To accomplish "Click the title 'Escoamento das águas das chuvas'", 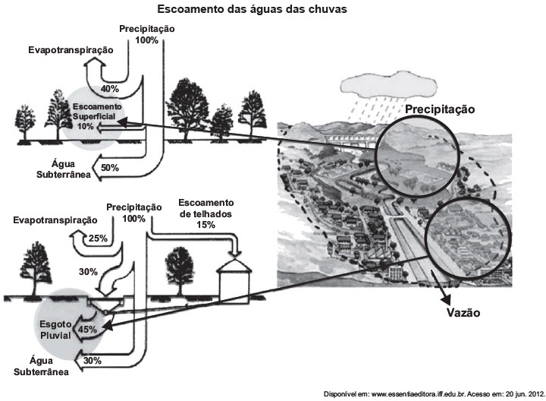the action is tap(252, 9).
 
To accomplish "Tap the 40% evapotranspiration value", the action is tap(110, 89).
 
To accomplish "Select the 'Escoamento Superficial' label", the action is tap(97, 111).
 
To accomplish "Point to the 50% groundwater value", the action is tap(110, 168).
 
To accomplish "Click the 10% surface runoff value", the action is tap(85, 126).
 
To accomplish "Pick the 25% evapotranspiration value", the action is tap(98, 238).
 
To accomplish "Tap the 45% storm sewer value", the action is tap(87, 329).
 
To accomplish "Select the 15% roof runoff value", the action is tap(206, 225).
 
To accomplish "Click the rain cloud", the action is tap(388, 84).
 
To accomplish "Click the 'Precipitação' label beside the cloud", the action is tap(440, 109).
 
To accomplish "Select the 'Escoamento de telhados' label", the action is tap(206, 208).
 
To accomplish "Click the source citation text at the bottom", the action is tap(435, 394).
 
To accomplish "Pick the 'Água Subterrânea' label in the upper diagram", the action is tap(64, 169).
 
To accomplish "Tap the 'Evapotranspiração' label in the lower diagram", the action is tap(55, 220).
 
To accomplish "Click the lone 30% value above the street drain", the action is tap(88, 272).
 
